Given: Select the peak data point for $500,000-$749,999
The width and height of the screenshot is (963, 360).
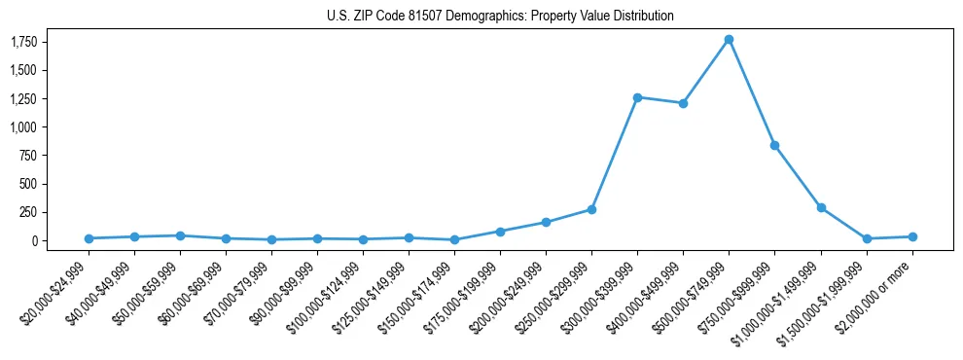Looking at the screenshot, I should point(729,40).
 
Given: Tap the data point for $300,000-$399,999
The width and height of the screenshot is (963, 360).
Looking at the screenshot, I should point(637,97).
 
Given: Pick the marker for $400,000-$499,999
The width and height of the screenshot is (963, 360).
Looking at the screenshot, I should point(683,103).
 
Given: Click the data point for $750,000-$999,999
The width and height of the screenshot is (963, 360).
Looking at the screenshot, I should point(774,145).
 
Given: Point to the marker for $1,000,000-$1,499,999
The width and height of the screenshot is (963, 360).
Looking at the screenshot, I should point(821,207).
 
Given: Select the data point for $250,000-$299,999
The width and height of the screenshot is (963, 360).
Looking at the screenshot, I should point(591,209).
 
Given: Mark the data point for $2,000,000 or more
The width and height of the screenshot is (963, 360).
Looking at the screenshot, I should point(912,236).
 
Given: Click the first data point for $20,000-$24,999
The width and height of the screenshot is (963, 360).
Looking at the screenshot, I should point(89,238).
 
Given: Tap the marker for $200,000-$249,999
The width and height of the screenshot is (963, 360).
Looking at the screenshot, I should point(546,222).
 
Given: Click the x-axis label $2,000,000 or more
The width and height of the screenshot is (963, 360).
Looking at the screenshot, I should point(875,292).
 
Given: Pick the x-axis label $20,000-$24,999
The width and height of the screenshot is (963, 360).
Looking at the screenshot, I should point(56,293).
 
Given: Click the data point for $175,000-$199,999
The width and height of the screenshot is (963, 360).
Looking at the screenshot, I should point(500,232).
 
